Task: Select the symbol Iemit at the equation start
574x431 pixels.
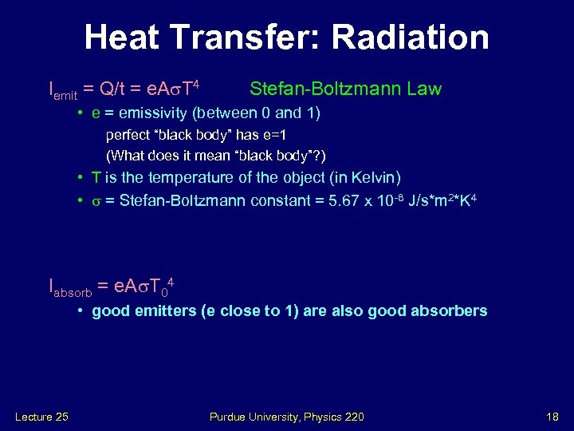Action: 63,90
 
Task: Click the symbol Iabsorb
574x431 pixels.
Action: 69,288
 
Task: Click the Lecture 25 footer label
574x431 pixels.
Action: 41,416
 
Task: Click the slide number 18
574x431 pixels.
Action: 552,416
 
